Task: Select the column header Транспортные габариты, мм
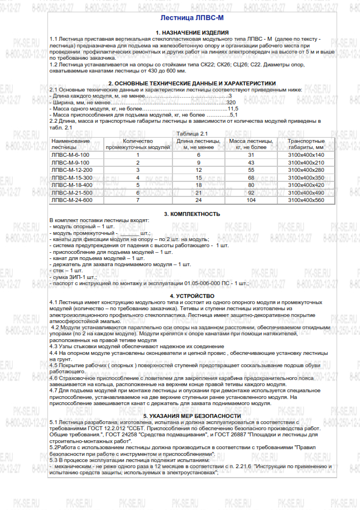click(305, 144)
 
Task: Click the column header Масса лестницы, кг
click(251, 144)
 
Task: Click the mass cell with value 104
click(251, 199)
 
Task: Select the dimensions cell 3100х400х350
click(306, 177)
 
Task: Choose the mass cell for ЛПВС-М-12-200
click(251, 169)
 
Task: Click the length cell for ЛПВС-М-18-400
click(198, 184)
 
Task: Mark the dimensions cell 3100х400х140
click(306, 154)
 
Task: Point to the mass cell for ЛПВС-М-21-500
click(251, 192)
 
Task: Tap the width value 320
click(231, 103)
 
